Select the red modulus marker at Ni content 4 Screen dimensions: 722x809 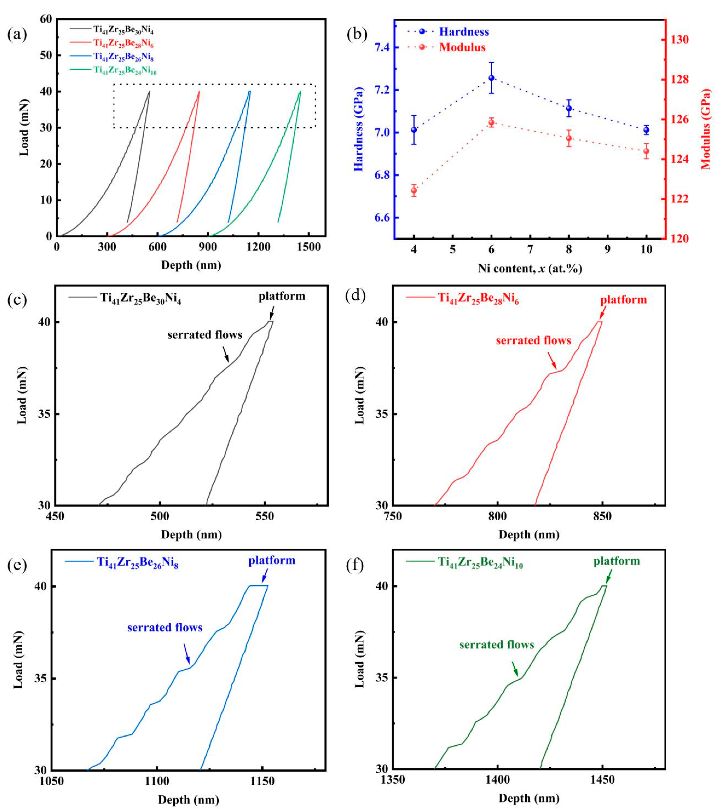[414, 191]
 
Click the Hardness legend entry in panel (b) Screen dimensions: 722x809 [448, 32]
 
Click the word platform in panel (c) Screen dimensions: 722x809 [282, 296]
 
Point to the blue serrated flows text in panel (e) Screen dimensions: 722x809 [165, 628]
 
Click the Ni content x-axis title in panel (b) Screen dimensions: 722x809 [530, 269]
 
